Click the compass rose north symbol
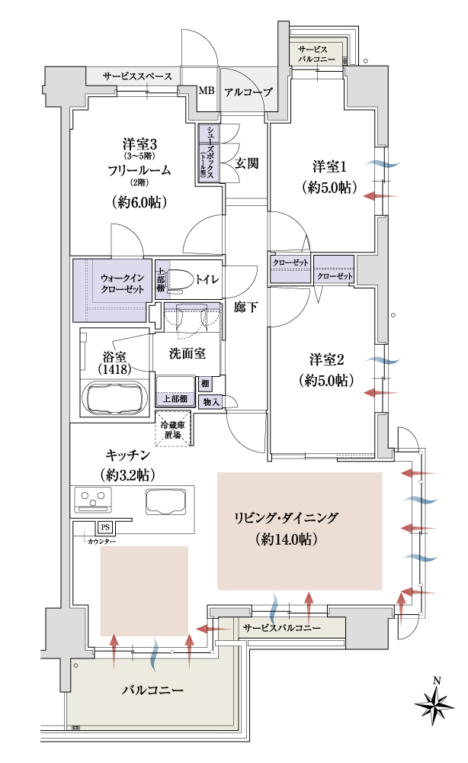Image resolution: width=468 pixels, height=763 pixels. (x=435, y=703)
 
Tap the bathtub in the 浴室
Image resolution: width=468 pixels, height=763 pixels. (x=114, y=396)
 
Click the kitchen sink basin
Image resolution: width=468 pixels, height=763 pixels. (x=166, y=502)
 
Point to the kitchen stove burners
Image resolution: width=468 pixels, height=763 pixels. (x=93, y=501)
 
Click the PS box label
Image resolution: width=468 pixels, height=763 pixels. (x=105, y=527)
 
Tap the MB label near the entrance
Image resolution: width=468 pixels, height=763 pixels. (x=206, y=91)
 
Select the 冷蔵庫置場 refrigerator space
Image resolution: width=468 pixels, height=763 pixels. (x=174, y=429)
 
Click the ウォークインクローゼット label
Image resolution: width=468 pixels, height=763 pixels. (x=123, y=283)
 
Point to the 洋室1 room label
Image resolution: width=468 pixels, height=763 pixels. (x=329, y=167)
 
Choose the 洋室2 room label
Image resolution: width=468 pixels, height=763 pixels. (x=326, y=359)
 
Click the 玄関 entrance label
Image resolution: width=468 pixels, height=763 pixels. (x=246, y=163)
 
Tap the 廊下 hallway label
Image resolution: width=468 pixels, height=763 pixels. (x=245, y=307)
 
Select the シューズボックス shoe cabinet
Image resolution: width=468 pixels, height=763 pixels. (x=209, y=153)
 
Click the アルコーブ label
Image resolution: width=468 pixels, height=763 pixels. (x=248, y=92)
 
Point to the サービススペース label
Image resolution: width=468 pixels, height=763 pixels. (x=137, y=76)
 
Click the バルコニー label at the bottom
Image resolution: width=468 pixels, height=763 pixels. (x=152, y=690)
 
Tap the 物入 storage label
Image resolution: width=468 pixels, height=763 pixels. (x=211, y=402)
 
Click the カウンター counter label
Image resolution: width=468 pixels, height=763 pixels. (x=101, y=542)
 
